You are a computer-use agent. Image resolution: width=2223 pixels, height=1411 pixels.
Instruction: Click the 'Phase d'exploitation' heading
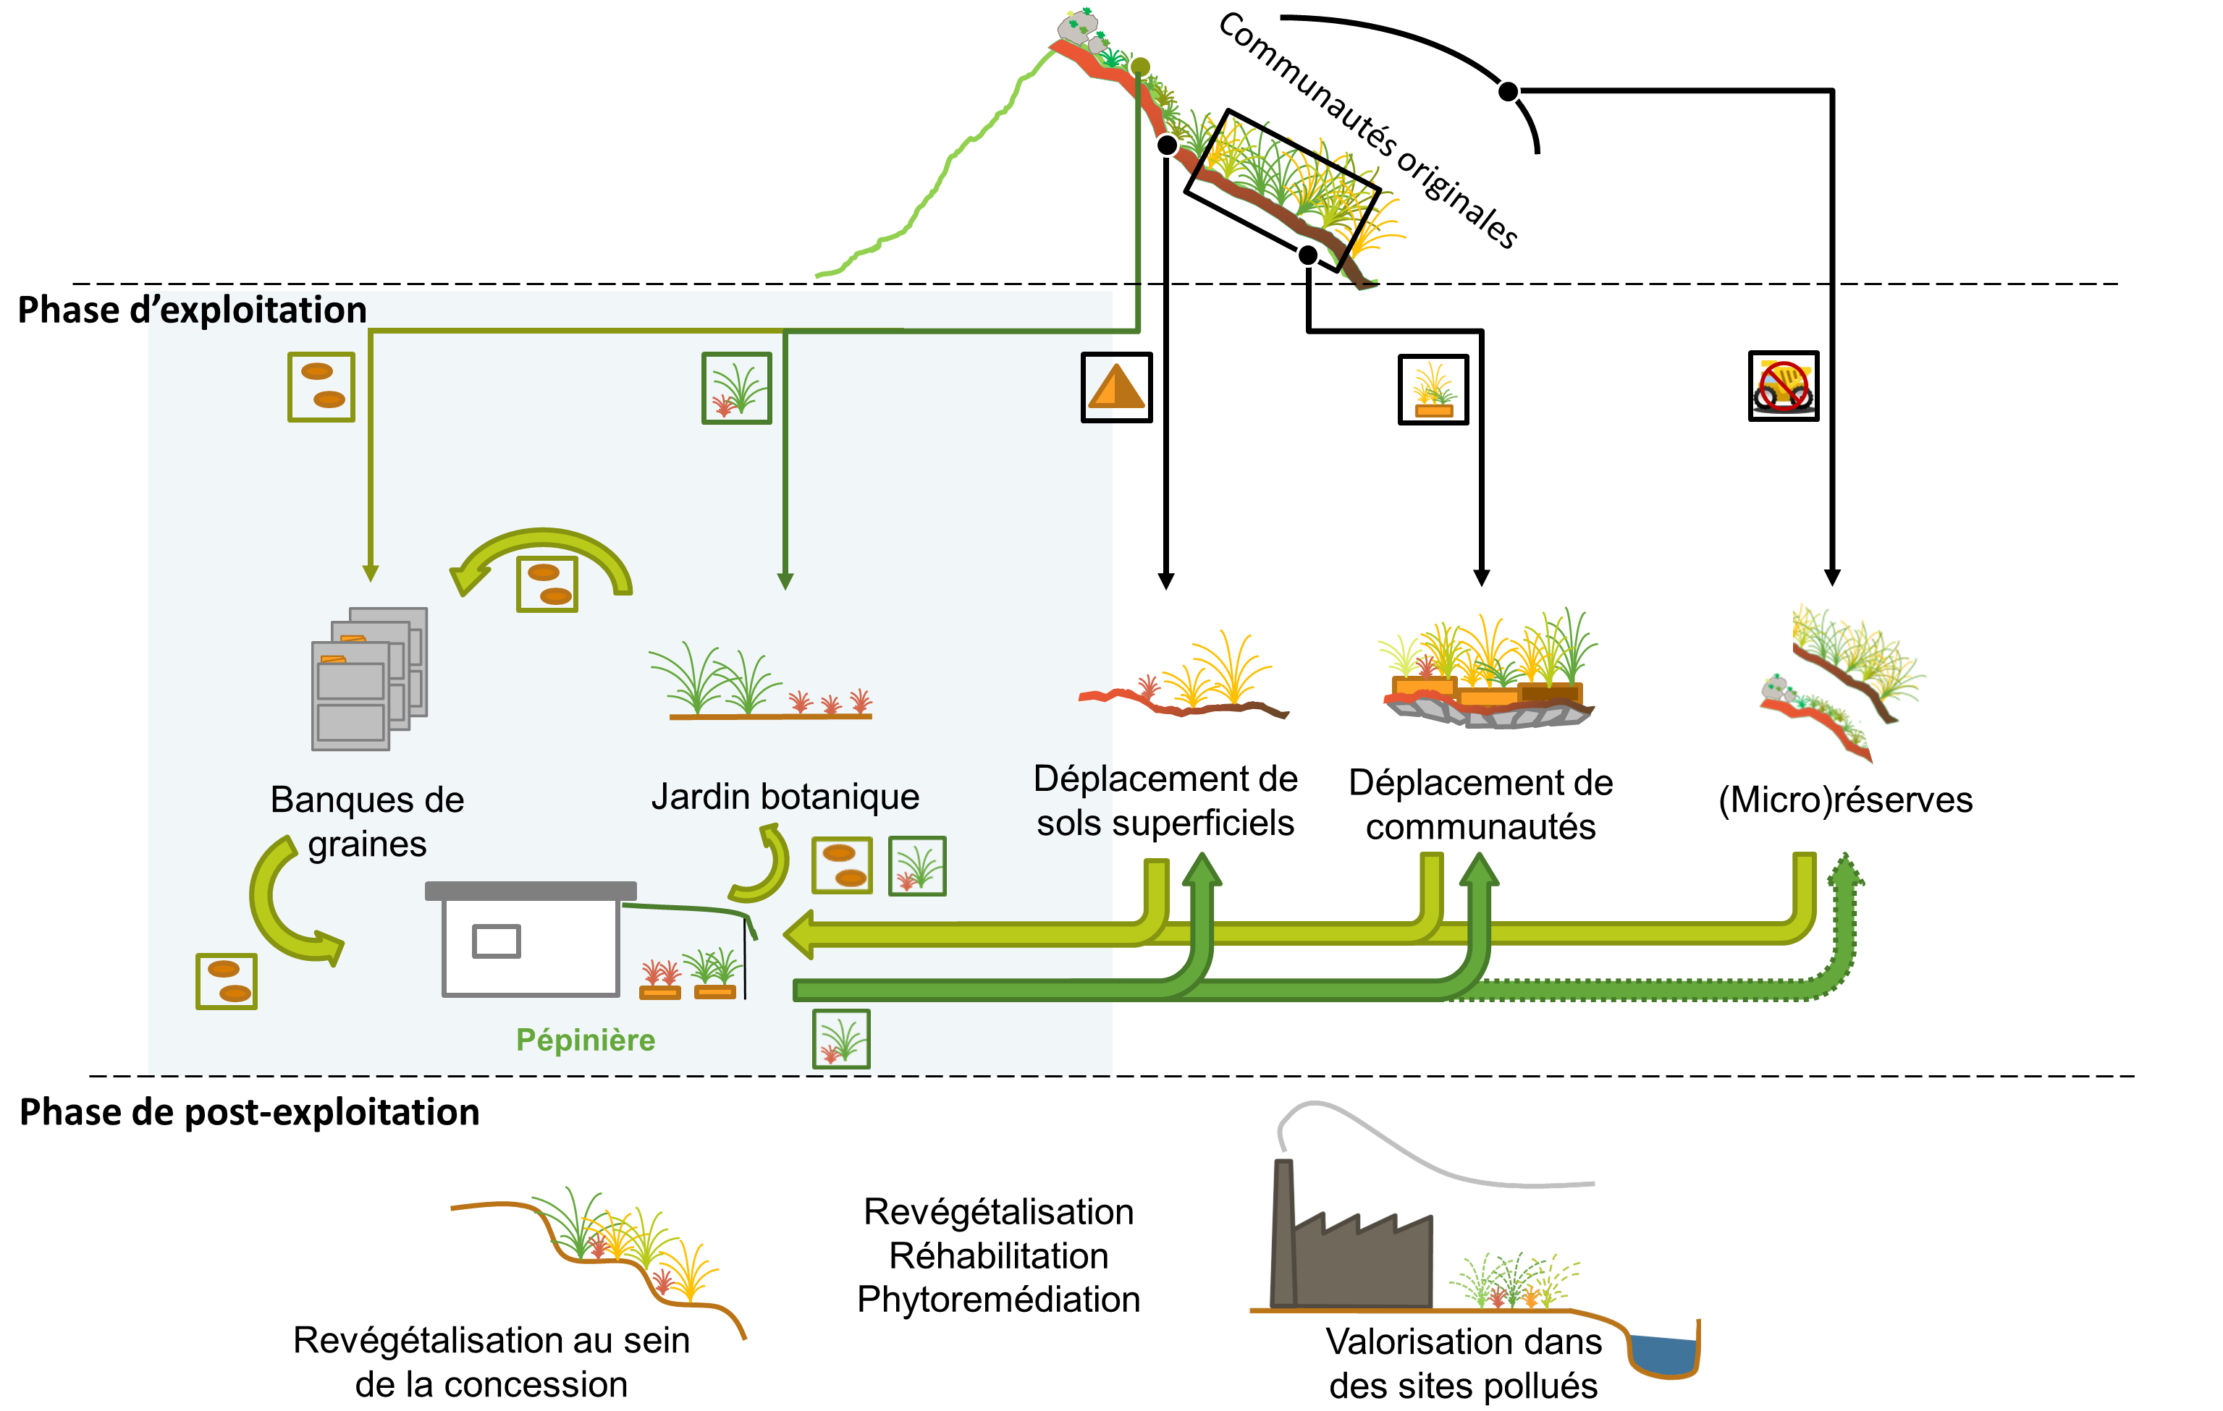[192, 310]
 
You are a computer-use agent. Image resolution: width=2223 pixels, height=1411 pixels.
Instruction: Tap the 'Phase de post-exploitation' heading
[249, 1112]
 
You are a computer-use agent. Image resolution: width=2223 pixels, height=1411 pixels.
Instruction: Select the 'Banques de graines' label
[368, 821]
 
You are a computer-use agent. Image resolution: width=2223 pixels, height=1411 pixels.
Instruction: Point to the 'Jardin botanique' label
[785, 797]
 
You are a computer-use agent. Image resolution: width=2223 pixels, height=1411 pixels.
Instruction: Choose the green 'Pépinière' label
[586, 1040]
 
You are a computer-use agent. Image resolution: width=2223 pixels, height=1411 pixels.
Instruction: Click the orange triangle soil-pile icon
[1116, 388]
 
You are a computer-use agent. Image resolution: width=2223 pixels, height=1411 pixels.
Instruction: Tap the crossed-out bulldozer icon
[1783, 386]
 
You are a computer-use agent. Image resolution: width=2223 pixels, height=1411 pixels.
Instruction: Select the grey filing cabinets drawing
[369, 678]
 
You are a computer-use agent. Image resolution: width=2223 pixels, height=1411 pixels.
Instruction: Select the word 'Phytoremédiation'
[998, 1300]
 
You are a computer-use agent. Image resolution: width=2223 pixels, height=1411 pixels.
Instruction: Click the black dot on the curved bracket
[1508, 91]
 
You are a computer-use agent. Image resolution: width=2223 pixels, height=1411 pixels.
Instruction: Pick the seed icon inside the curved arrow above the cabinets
[547, 583]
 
